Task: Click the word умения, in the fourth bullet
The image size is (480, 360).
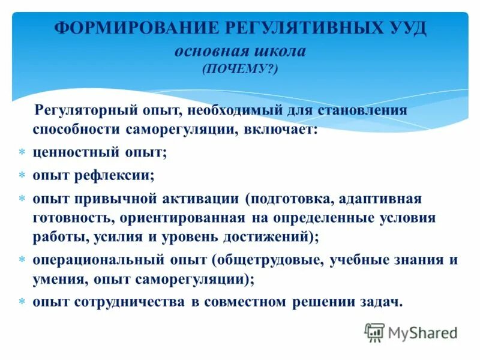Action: [56, 279]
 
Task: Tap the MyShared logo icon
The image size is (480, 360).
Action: [374, 332]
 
